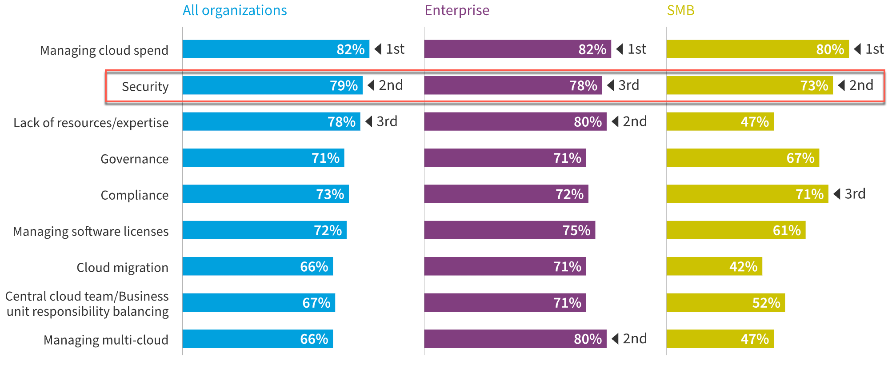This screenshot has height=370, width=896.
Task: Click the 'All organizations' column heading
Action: (235, 10)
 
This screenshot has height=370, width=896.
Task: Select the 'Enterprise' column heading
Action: (457, 10)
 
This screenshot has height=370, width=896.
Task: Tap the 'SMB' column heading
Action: (680, 10)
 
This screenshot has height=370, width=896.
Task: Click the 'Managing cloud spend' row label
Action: (104, 50)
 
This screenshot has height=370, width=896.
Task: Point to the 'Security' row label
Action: (145, 86)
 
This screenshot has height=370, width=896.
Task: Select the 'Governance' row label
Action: (134, 159)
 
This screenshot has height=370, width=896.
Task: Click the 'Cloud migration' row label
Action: (122, 267)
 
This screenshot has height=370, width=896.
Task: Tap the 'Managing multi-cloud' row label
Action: (106, 340)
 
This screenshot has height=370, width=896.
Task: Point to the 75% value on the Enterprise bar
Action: (576, 230)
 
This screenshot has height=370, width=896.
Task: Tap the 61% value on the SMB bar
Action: (787, 230)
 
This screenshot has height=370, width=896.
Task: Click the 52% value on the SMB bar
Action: (766, 303)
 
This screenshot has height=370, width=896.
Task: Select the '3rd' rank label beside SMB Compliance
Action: (855, 194)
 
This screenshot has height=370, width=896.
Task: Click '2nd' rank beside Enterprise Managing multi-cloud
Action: (635, 339)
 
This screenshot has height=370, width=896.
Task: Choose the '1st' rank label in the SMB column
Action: (874, 49)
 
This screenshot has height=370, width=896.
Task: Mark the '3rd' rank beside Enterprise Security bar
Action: (628, 85)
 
